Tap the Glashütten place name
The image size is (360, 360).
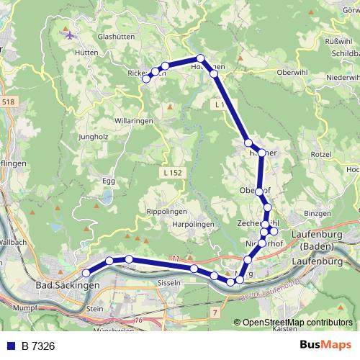[116, 36]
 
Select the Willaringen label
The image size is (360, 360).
[133, 121]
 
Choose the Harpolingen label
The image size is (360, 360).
[194, 225]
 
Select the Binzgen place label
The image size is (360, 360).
[317, 214]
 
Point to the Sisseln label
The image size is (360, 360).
[168, 283]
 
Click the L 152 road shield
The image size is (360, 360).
[172, 173]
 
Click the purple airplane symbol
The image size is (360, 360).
[69, 35]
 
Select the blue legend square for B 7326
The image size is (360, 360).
[11, 346]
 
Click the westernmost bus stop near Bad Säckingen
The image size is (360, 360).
[86, 273]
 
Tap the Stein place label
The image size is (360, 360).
[95, 308]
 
